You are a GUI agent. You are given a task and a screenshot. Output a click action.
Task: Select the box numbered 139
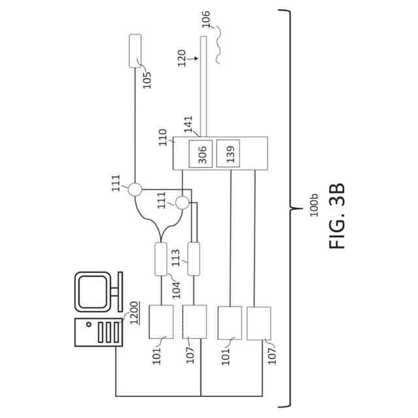[229, 153]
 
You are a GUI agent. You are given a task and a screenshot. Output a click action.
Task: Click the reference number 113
[176, 258]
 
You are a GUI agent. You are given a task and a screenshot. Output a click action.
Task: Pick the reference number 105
[147, 79]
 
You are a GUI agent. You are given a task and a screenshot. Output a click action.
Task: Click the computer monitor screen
[93, 289]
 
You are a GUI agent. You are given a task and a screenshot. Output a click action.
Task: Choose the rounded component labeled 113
[193, 258]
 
